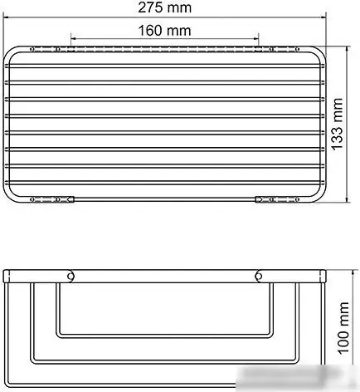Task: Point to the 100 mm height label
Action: pos(338,326)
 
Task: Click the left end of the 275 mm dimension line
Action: pos(5,19)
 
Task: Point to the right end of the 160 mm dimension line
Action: pos(259,39)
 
